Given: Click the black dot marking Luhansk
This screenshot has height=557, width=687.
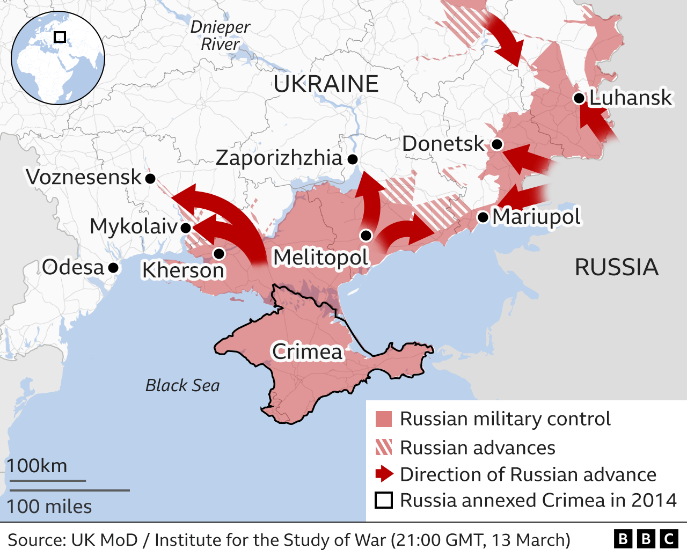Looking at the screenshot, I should coord(579,98).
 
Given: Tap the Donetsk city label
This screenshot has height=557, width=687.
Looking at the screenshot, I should coord(443,144).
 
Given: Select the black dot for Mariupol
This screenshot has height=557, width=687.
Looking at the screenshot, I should coord(483,217).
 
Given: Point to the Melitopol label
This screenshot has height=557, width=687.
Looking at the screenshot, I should coord(321,257).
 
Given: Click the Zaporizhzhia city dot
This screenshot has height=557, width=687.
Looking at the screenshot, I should coord(353,159).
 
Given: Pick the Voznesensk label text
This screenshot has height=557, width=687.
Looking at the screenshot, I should coord(84,177).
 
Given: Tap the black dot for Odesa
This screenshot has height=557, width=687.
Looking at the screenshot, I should coord(113,267).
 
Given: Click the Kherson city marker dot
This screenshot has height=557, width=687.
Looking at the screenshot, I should coord(218,253).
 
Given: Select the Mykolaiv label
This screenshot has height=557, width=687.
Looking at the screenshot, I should coord(133,226).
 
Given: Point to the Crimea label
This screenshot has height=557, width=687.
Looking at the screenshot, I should coord(307,352).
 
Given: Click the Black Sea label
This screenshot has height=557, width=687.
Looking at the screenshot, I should coord(182,385).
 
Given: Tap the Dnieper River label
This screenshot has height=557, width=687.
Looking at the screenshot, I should coord(220,35).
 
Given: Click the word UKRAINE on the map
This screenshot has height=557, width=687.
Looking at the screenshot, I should coord(326,84).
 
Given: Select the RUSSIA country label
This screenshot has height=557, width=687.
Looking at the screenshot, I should coord(616,267).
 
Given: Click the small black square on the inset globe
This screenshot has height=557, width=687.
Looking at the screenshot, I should coord(60,37).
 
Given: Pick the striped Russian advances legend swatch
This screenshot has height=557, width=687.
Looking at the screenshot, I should coord(384,448).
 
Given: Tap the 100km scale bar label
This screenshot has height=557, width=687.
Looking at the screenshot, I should coord(37,466).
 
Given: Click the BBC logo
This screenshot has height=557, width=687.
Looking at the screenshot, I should coord(646,539).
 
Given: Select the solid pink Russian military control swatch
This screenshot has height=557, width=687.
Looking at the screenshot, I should coord(384,419).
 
